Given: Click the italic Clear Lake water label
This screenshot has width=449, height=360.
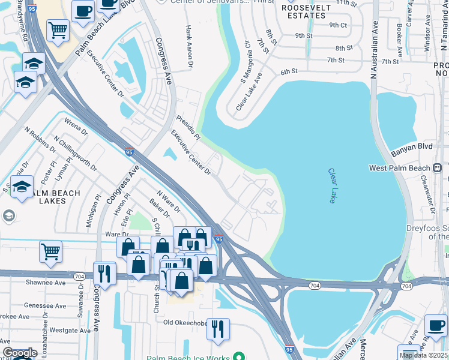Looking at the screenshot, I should click(333, 186).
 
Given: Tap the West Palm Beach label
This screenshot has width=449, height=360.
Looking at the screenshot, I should click(400, 168).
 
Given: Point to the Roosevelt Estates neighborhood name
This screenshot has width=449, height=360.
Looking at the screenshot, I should click(306, 12).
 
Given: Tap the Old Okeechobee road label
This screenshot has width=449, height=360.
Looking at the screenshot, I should click(184, 323).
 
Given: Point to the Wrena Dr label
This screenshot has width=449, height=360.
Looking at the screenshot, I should click(76, 127).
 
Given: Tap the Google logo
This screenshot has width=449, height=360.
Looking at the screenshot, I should click(20, 353).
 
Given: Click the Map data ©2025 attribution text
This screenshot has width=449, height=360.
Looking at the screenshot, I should click(423, 355).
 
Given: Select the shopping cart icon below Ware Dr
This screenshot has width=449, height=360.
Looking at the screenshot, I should click(50, 251).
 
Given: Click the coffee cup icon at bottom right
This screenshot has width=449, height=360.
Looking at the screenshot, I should click(436, 326).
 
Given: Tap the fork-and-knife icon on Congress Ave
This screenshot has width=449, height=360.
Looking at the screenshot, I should click(104, 273).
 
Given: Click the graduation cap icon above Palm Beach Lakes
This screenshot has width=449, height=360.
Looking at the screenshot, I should click(22, 187).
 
